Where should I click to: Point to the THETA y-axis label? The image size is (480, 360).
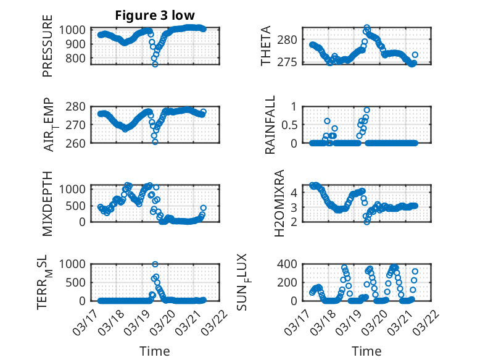click(266, 46)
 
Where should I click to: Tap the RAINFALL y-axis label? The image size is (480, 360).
click(270, 124)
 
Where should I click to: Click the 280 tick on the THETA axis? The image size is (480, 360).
click(291, 40)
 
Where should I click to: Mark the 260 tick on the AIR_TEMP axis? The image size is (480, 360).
click(79, 143)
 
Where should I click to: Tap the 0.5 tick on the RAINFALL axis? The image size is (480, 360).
click(289, 124)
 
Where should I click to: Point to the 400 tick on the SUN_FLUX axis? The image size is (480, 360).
click(291, 264)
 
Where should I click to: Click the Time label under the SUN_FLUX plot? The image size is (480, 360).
click(366, 351)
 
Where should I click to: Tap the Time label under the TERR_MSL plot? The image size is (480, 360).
click(154, 351)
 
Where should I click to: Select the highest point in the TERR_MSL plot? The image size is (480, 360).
click(155, 264)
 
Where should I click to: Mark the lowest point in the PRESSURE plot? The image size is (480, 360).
click(155, 64)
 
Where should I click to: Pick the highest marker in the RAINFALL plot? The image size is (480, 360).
click(367, 110)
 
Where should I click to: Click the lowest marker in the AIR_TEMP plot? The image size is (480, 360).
click(155, 141)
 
